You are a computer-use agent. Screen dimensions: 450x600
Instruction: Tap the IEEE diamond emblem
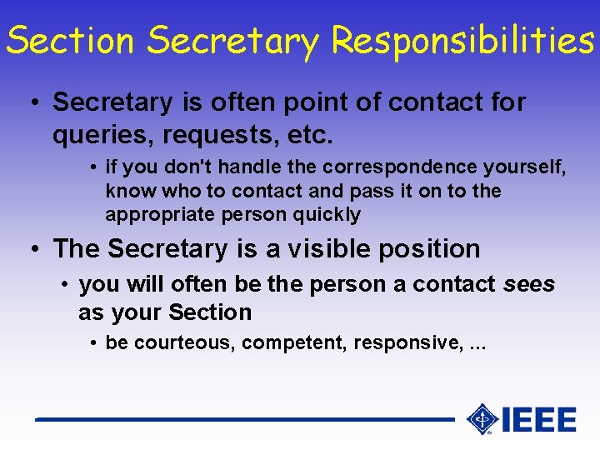pyautogui.click(x=482, y=419)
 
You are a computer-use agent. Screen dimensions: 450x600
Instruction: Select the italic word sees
pyautogui.click(x=529, y=284)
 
